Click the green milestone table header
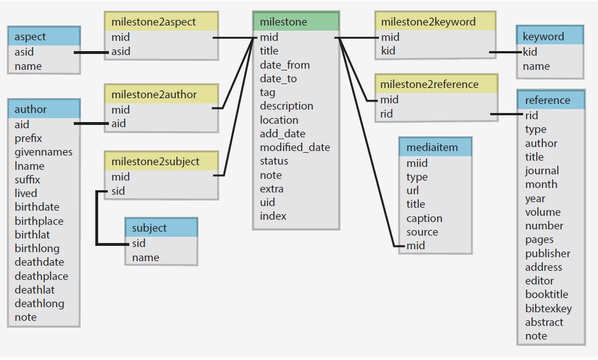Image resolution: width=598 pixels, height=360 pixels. point(296,22)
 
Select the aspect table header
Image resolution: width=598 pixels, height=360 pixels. point(44,37)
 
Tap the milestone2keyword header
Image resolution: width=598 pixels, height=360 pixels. point(435,22)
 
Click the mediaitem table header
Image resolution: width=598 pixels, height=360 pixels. point(435,148)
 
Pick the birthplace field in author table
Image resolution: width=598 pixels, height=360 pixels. point(39,221)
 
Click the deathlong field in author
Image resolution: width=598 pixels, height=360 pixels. point(39,303)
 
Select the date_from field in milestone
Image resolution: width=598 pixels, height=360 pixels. point(285,65)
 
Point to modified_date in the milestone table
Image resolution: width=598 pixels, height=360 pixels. point(295,147)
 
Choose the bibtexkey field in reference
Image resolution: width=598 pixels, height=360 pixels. point(548,308)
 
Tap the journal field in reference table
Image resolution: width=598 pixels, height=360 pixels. point(542,170)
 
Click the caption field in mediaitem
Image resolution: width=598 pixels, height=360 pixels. point(424,218)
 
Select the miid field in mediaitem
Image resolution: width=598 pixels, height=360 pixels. point(417,163)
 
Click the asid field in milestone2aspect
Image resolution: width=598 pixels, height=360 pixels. point(121,51)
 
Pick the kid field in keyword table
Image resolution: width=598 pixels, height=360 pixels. point(530,52)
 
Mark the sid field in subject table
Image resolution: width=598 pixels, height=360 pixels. point(139,243)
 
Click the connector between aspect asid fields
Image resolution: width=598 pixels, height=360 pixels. point(92,53)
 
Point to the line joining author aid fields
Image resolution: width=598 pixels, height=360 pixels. point(92,123)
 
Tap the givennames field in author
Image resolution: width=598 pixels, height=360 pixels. point(44,152)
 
